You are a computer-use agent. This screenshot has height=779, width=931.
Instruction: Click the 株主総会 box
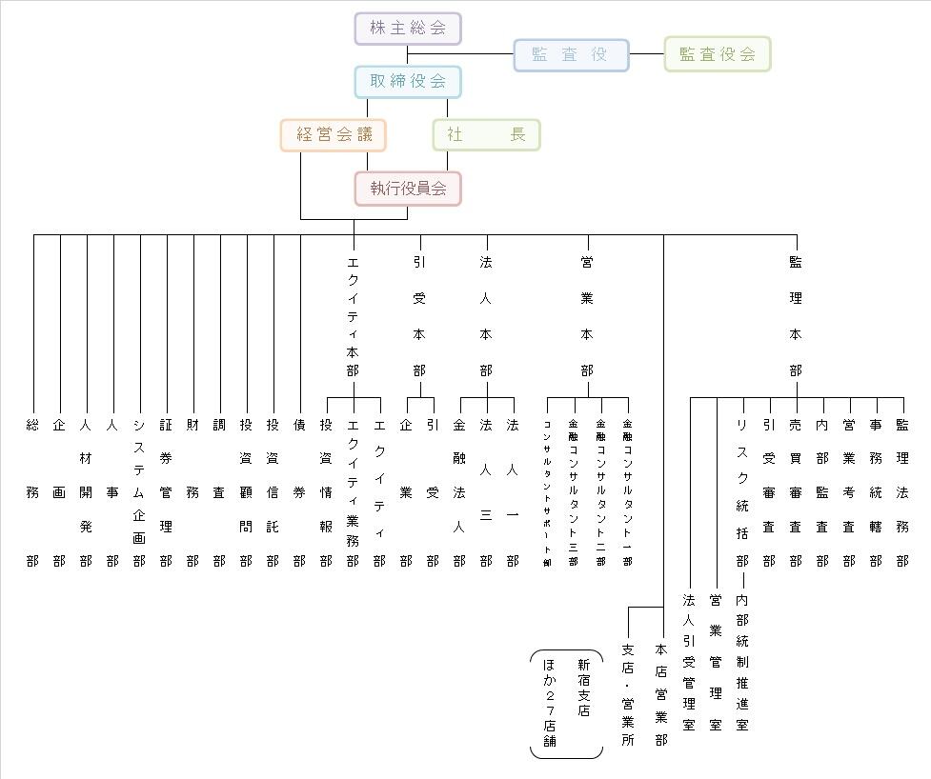(x=408, y=29)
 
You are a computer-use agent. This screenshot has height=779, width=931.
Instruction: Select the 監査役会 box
(x=717, y=54)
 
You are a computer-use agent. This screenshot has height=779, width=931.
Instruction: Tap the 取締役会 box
(x=408, y=82)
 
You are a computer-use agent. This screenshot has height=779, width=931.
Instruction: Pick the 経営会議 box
(x=334, y=135)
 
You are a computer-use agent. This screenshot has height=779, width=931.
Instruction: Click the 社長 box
(x=486, y=135)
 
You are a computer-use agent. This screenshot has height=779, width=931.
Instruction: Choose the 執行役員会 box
(x=408, y=189)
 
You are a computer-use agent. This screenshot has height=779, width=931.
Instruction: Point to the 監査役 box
(x=571, y=55)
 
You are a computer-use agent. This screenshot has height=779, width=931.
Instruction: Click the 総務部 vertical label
(x=33, y=492)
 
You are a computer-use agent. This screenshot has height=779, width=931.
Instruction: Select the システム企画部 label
(x=140, y=492)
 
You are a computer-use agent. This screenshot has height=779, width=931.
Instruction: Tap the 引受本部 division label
(x=419, y=315)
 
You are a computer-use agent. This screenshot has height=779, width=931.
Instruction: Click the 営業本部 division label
(x=587, y=315)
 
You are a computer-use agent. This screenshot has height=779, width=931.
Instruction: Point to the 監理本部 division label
(x=796, y=315)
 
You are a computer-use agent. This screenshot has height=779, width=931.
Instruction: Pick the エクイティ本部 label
(x=354, y=315)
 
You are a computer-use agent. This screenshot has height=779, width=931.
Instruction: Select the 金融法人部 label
(x=459, y=492)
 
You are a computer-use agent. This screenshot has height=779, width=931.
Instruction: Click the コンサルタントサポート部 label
(x=548, y=492)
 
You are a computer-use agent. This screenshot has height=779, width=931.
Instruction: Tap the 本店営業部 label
(x=661, y=694)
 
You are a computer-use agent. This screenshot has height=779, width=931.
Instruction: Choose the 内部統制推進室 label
(x=742, y=662)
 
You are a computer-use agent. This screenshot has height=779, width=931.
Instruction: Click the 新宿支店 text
(x=583, y=688)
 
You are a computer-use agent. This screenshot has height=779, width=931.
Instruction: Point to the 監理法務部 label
(x=902, y=492)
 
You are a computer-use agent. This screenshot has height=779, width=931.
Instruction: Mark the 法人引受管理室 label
(x=689, y=662)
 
